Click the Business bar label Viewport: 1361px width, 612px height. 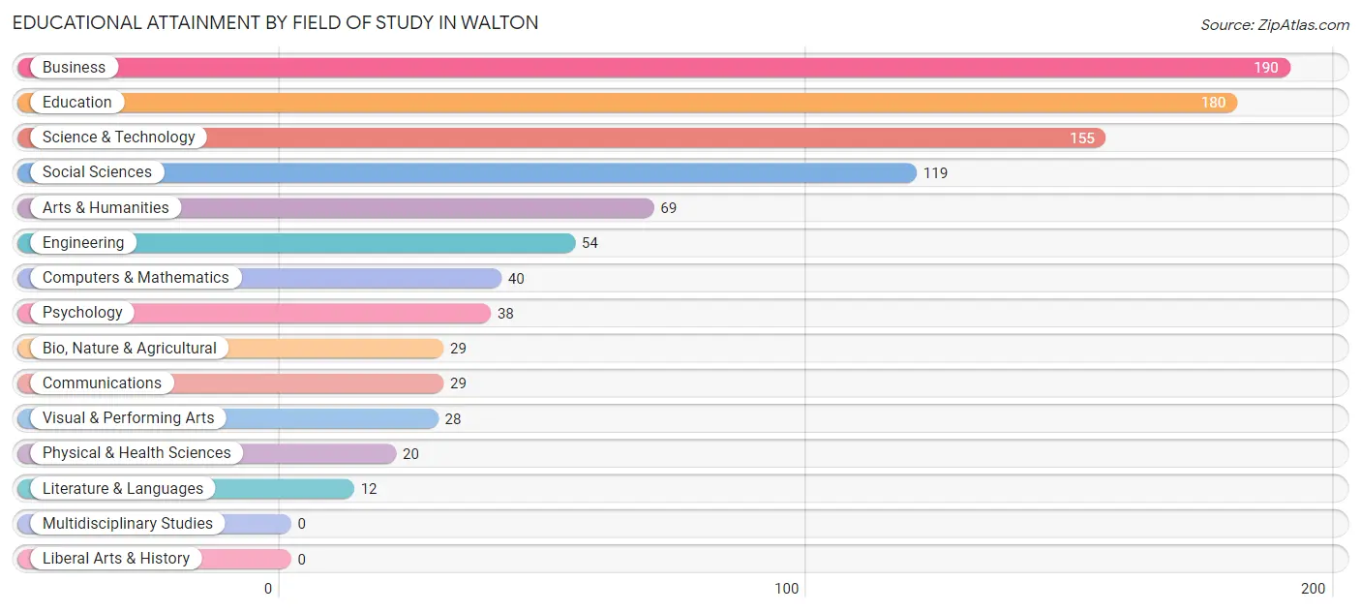click(x=74, y=68)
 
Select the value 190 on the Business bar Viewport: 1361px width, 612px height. click(x=1266, y=68)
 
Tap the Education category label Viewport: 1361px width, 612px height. click(x=76, y=103)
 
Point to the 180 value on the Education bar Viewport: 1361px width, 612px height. click(x=1213, y=103)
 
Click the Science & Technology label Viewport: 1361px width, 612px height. click(x=118, y=138)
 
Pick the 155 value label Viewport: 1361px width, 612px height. click(x=1081, y=138)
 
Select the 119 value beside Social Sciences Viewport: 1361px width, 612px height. click(x=935, y=173)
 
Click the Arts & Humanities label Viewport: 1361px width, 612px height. click(x=106, y=208)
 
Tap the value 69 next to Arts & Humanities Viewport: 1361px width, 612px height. click(x=669, y=208)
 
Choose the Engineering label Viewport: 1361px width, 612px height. click(x=83, y=243)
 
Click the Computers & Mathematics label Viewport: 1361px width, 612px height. click(x=136, y=278)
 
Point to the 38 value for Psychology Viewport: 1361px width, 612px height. click(x=505, y=314)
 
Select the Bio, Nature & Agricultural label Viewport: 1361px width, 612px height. click(x=130, y=349)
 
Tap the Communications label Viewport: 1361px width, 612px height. click(x=102, y=383)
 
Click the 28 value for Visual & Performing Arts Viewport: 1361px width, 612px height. click(x=453, y=418)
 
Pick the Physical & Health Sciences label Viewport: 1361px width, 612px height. click(x=136, y=453)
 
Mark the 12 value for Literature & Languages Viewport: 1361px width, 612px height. click(x=369, y=489)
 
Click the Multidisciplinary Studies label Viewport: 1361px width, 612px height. click(x=127, y=524)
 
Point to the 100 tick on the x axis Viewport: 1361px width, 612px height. click(x=787, y=589)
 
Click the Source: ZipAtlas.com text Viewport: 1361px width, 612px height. click(x=1275, y=24)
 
